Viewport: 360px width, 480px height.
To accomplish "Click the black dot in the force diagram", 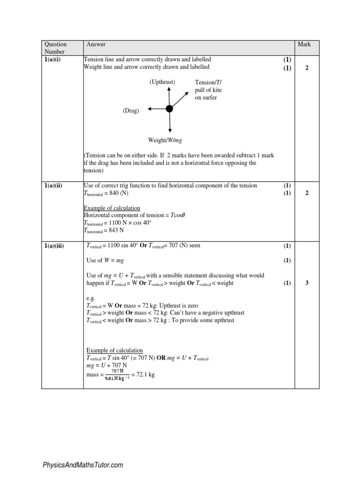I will pyautogui.click(x=169, y=109).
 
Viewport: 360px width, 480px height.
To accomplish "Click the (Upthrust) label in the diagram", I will pyautogui.click(x=162, y=82).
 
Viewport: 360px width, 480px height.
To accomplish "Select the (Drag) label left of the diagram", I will pyautogui.click(x=131, y=111).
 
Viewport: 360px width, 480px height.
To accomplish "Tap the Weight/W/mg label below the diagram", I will pyautogui.click(x=164, y=140).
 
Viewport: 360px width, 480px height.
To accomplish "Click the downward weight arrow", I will pyautogui.click(x=169, y=123).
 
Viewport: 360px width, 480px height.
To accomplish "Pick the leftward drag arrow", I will pyautogui.click(x=157, y=109).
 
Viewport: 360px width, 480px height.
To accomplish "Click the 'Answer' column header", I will pyautogui.click(x=96, y=45).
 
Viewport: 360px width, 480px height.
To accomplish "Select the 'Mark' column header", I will pyautogui.click(x=304, y=45).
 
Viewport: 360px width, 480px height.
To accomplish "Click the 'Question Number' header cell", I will pyautogui.click(x=56, y=48).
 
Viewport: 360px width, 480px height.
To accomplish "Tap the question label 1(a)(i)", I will pyautogui.click(x=52, y=60).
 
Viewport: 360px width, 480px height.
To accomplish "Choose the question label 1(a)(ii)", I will pyautogui.click(x=54, y=186).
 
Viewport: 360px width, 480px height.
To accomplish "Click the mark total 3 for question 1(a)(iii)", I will pyautogui.click(x=307, y=283).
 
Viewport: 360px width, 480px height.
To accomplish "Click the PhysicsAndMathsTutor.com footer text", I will pyautogui.click(x=83, y=465).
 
